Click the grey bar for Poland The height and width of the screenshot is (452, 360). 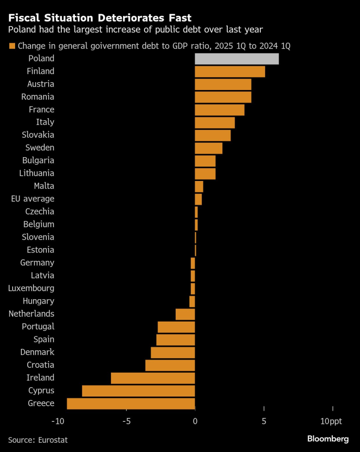tap(237, 59)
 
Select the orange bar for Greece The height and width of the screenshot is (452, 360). tap(131, 403)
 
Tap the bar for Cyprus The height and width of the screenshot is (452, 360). tap(139, 391)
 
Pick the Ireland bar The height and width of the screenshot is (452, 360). tap(153, 378)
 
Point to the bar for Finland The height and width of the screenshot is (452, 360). tap(230, 72)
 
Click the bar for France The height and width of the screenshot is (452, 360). tap(219, 109)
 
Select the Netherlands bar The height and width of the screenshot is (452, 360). tap(185, 314)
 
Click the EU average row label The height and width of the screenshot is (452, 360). tap(33, 199)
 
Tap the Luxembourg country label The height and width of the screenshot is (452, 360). tap(31, 288)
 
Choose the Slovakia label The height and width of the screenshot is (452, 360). tap(38, 135)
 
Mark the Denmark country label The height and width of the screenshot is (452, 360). tap(37, 352)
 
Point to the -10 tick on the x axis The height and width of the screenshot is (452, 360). tap(58, 421)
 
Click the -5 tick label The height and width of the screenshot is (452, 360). tap(126, 421)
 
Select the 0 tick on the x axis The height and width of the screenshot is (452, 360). tap(195, 421)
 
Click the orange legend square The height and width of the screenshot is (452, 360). tap(12, 46)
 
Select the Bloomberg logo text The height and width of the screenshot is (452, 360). tap(328, 439)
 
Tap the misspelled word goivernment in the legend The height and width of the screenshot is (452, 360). tap(98, 46)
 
